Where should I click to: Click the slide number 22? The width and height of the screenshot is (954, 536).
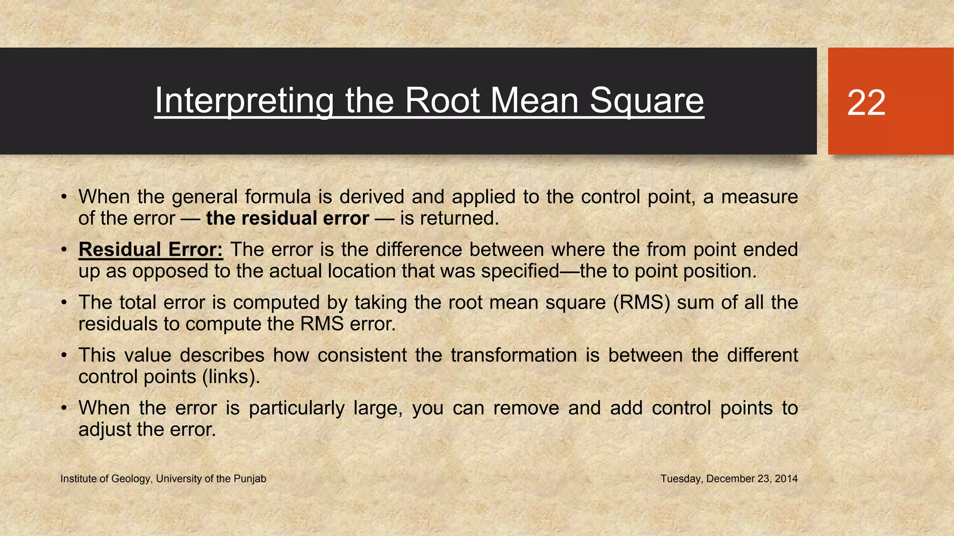[x=866, y=103]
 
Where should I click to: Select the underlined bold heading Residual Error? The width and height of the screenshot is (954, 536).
[x=150, y=249]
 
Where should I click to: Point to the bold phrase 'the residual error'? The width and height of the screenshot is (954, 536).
[x=287, y=218]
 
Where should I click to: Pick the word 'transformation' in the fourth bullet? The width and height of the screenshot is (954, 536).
[x=514, y=355]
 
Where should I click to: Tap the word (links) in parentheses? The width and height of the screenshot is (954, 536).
[x=231, y=376]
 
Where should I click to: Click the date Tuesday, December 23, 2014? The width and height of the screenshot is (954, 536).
[x=729, y=479]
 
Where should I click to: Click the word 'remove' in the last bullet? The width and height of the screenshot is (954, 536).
[x=526, y=408]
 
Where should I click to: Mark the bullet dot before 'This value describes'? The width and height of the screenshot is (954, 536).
[x=65, y=355]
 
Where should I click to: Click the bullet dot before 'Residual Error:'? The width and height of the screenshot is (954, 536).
[x=65, y=250]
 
